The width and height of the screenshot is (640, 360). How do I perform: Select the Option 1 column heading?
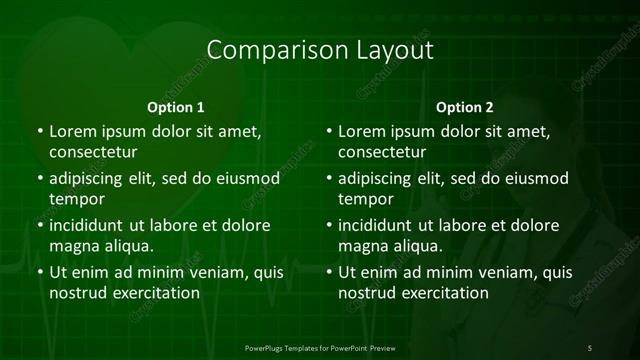point(176,107)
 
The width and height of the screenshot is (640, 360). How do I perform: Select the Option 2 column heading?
point(465,107)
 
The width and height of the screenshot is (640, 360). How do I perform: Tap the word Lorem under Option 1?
point(73,131)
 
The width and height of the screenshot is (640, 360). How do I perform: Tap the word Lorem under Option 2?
point(363,131)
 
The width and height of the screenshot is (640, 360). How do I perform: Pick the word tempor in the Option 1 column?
point(76,200)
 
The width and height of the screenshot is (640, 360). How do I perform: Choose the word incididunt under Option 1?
point(93,225)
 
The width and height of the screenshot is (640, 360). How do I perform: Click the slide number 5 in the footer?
point(590,347)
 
